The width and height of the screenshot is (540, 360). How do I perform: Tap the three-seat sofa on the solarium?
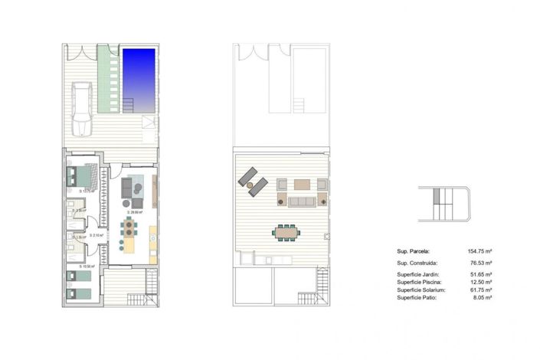point(300,201)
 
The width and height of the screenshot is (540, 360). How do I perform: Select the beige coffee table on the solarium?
point(304,185)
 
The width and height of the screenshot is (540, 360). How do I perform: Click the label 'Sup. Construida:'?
point(417,262)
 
